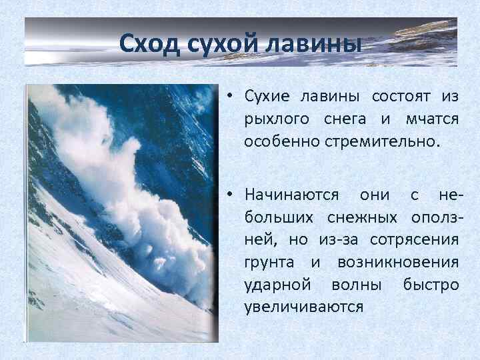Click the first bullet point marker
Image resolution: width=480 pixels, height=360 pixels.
(x=228, y=96)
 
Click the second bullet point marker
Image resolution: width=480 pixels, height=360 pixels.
(x=228, y=195)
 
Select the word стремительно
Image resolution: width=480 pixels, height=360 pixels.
(x=373, y=141)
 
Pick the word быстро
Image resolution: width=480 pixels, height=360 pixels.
(x=431, y=285)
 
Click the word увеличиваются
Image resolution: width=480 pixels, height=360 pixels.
(x=303, y=307)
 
